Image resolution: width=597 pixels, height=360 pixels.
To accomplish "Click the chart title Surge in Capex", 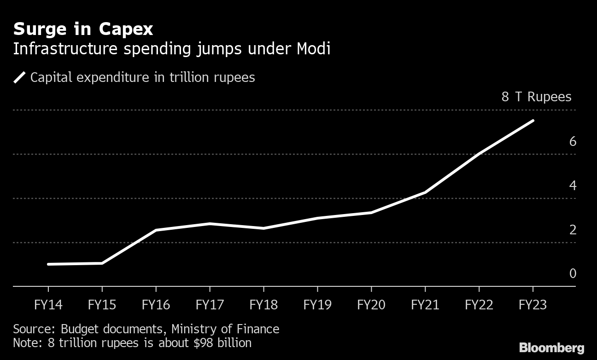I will point(83,29).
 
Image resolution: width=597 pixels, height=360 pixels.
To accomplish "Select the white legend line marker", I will point(19,77).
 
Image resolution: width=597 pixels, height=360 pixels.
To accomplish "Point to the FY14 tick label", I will point(48,305).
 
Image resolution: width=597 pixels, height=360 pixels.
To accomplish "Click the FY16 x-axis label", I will point(156,305).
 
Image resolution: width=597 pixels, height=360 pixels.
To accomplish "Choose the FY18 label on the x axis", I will point(263,305).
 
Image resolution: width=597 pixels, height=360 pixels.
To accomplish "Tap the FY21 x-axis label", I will point(425,305).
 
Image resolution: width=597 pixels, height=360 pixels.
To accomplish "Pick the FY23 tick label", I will point(533,305).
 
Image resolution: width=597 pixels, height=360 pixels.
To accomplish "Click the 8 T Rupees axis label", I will point(536,97).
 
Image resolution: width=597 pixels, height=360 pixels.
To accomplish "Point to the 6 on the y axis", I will point(573,141).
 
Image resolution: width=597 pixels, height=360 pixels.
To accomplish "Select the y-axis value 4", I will point(573,186).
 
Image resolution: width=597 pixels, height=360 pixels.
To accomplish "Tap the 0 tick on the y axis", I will point(573,273).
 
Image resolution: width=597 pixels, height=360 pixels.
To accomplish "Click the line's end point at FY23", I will point(533,121).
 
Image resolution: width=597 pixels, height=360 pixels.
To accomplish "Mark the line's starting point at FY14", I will point(48,264).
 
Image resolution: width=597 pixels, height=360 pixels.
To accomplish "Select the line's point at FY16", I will point(156,230).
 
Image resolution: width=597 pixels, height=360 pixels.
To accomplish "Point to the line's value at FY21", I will point(425,192).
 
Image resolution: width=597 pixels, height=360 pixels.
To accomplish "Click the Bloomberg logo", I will point(551,348).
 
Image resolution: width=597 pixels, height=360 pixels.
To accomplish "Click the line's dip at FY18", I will point(263,228).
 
